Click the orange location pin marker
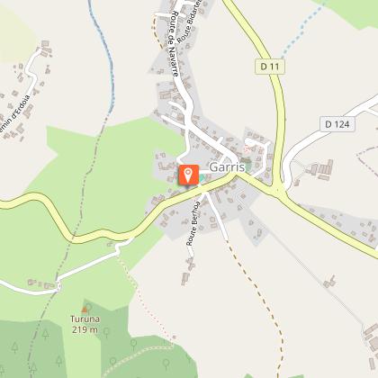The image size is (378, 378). (x=187, y=175)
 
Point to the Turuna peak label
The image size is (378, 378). (x=85, y=319)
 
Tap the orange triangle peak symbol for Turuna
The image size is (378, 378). (x=85, y=308)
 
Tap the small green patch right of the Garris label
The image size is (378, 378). (x=247, y=162)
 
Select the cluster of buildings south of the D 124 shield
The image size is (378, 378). (x=320, y=168)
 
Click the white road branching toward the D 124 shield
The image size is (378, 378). (x=310, y=144)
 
